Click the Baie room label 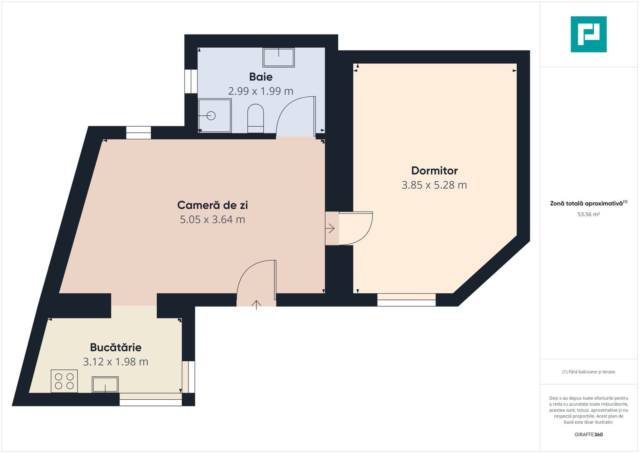pyautogui.click(x=261, y=77)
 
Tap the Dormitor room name pyautogui.click(x=434, y=171)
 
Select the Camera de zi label pyautogui.click(x=212, y=205)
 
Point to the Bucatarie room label pyautogui.click(x=116, y=347)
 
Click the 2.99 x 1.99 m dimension pyautogui.click(x=261, y=91)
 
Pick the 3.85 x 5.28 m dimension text pyautogui.click(x=434, y=185)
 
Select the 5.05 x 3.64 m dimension pyautogui.click(x=212, y=219)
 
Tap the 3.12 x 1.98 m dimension pyautogui.click(x=116, y=362)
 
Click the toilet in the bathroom pyautogui.click(x=255, y=118)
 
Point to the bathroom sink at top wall pyautogui.click(x=279, y=57)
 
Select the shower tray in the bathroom pyautogui.click(x=215, y=115)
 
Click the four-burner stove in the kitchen pyautogui.click(x=64, y=381)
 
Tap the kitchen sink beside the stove pyautogui.click(x=105, y=385)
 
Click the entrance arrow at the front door pyautogui.click(x=256, y=305)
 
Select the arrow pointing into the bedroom pyautogui.click(x=330, y=229)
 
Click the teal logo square pyautogui.click(x=588, y=34)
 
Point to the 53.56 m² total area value pyautogui.click(x=588, y=214)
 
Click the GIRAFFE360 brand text pyautogui.click(x=588, y=435)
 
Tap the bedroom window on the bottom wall pyautogui.click(x=406, y=300)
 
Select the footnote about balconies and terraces pyautogui.click(x=588, y=372)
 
